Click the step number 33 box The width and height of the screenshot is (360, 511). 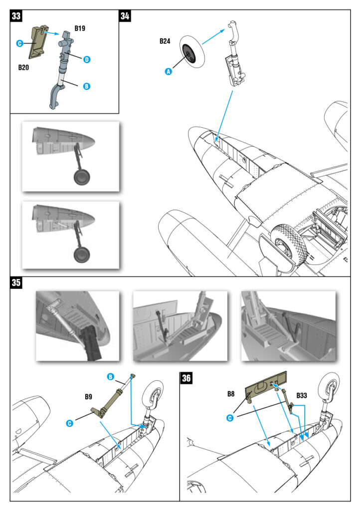(x=16, y=15)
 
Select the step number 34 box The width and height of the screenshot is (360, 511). (x=125, y=15)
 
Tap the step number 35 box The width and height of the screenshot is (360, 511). (x=16, y=283)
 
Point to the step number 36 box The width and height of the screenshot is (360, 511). (x=186, y=378)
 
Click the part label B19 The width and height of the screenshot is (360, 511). (x=80, y=28)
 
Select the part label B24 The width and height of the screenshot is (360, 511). (x=166, y=41)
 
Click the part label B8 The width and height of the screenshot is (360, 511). (x=231, y=393)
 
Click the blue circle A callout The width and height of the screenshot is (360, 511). (x=168, y=71)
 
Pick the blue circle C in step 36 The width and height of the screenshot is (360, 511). (x=230, y=418)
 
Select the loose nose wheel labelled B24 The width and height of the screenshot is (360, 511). (x=191, y=52)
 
